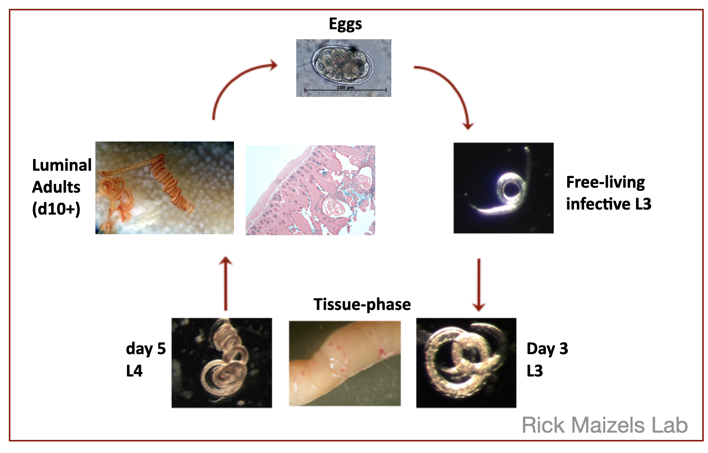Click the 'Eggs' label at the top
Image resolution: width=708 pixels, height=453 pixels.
coord(345,24)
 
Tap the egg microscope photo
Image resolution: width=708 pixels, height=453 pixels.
coord(344,68)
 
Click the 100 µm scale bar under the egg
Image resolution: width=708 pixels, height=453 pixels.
coord(345,90)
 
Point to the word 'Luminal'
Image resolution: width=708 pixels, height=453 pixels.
coord(62,165)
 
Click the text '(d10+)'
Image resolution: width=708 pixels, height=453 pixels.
coord(56,209)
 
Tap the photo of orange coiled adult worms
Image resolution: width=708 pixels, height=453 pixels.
coord(165,188)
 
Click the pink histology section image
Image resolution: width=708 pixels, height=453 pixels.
coord(310,190)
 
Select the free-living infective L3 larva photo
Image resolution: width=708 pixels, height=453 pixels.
coord(503,188)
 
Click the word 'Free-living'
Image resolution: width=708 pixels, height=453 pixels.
coord(605,182)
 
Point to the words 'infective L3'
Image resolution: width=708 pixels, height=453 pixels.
coord(608,204)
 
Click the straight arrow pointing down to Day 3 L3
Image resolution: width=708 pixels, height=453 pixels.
coord(479,285)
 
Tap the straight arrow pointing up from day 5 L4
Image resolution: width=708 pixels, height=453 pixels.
coord(225,283)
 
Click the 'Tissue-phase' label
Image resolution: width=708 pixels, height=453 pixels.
coord(362,304)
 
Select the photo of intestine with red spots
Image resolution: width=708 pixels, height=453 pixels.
coord(345,363)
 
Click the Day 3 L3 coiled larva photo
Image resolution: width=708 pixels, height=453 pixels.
coord(466,363)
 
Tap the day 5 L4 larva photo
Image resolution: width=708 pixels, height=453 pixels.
coord(222,363)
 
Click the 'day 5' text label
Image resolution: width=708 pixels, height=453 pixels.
coord(146,349)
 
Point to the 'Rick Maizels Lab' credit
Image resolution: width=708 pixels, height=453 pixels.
coord(604,425)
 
